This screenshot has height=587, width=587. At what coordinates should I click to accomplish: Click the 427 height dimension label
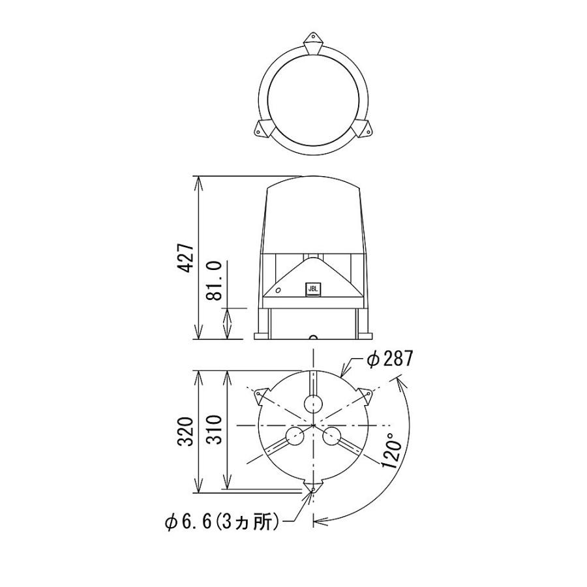(x=185, y=258)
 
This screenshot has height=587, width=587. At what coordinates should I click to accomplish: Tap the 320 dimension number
(x=185, y=431)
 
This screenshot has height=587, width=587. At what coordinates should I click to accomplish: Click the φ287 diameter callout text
(x=388, y=359)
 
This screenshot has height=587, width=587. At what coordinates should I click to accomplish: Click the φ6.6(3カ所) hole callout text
(x=222, y=521)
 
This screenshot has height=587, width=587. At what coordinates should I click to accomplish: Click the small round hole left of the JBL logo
(x=279, y=289)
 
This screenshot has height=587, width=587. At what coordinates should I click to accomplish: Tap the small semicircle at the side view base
(x=313, y=337)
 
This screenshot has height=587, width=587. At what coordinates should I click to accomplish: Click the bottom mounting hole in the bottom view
(x=314, y=489)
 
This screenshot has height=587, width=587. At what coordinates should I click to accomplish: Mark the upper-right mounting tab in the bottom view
(x=365, y=394)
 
